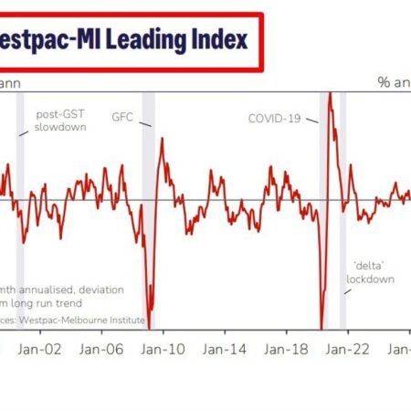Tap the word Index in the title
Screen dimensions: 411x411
click(x=216, y=42)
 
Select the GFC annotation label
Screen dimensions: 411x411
click(x=122, y=118)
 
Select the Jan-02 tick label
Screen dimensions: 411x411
click(x=42, y=349)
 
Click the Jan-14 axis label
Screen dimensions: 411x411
click(x=223, y=349)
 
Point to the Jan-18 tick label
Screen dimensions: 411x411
click(x=284, y=349)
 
